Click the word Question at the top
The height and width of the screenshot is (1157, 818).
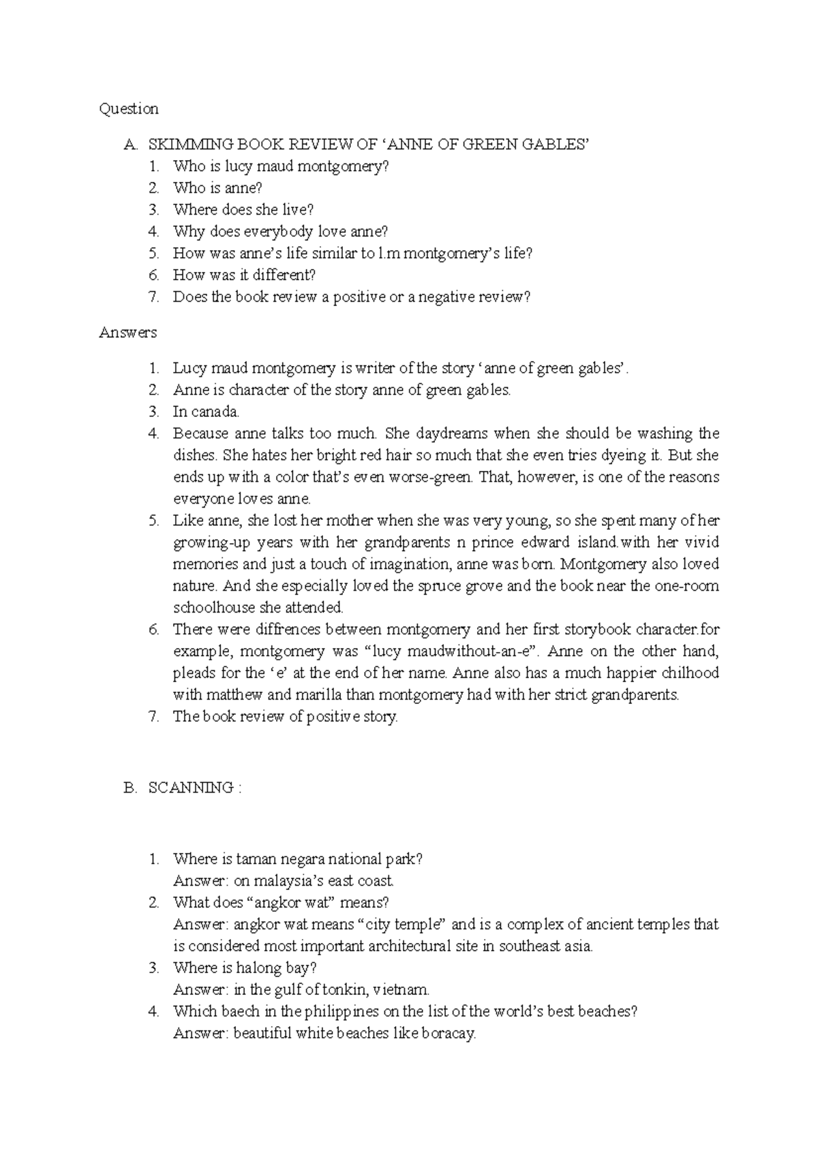click(x=129, y=109)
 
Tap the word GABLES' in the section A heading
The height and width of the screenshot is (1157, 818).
click(x=554, y=144)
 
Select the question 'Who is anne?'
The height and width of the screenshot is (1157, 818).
click(x=217, y=188)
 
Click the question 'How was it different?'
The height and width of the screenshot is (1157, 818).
click(x=244, y=275)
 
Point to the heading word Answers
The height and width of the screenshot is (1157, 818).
click(x=127, y=333)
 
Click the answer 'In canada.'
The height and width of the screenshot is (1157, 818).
click(x=206, y=412)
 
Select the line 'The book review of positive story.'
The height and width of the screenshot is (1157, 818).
click(x=285, y=717)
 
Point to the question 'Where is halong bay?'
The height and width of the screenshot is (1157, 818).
click(x=245, y=968)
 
